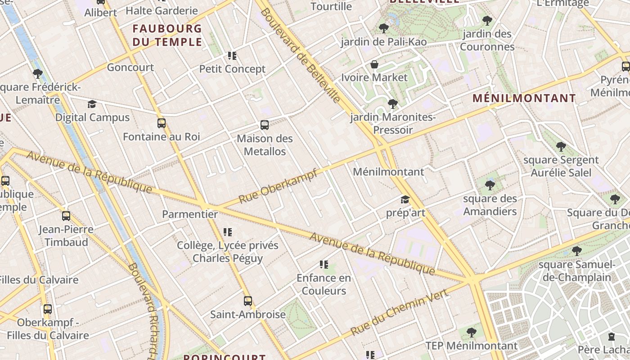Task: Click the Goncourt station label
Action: (x=130, y=67)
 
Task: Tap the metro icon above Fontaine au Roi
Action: (x=162, y=123)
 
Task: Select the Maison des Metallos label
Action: (x=265, y=145)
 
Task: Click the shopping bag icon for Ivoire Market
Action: (x=374, y=65)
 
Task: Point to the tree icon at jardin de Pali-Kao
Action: (x=384, y=28)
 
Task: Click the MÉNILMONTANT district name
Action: (x=524, y=98)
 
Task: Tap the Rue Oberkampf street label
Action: (x=278, y=186)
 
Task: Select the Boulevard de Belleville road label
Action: (x=301, y=55)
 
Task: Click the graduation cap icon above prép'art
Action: (x=405, y=199)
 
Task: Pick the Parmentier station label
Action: (x=190, y=214)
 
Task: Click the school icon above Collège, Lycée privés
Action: (x=228, y=232)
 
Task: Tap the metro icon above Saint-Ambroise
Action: (x=248, y=301)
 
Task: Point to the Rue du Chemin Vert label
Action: (x=399, y=312)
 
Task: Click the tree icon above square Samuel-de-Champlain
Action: (x=576, y=251)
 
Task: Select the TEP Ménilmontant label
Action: (x=472, y=346)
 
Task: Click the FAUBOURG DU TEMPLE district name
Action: (x=167, y=35)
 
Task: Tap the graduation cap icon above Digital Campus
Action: (x=92, y=104)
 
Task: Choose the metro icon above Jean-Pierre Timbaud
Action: (x=66, y=216)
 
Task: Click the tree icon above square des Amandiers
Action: (x=490, y=185)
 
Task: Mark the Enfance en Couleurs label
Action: (x=324, y=284)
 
